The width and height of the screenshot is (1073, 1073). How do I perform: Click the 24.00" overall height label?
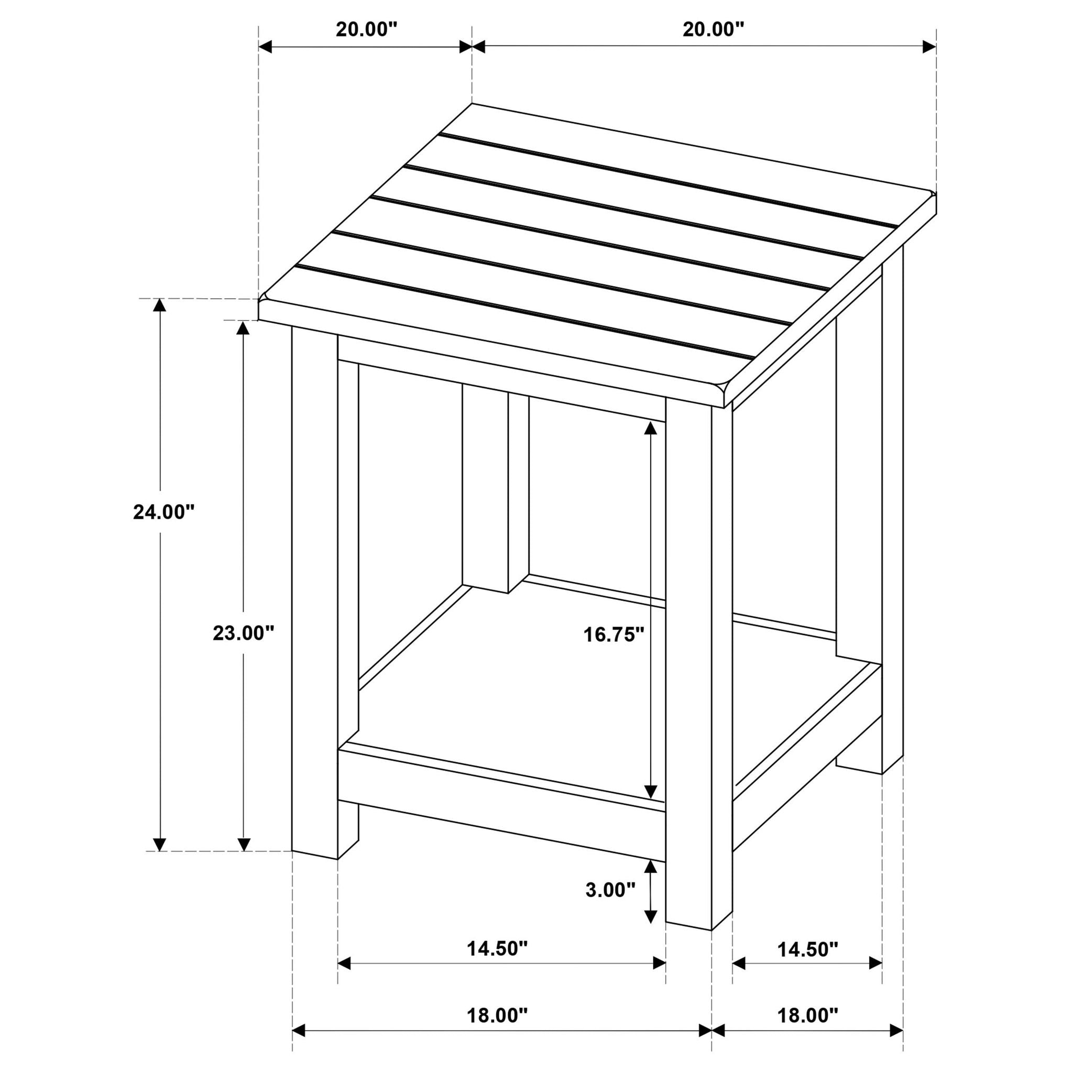[164, 511]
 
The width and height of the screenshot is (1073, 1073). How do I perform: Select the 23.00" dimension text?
[244, 632]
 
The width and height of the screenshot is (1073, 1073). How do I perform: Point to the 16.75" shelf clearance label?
[613, 634]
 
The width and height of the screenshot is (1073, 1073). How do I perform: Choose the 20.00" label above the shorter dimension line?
[367, 29]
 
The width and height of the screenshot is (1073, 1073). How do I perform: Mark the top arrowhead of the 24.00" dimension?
[160, 305]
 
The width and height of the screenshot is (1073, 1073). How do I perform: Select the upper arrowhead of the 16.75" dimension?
[650, 428]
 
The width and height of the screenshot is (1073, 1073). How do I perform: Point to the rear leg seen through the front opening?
[485, 489]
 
